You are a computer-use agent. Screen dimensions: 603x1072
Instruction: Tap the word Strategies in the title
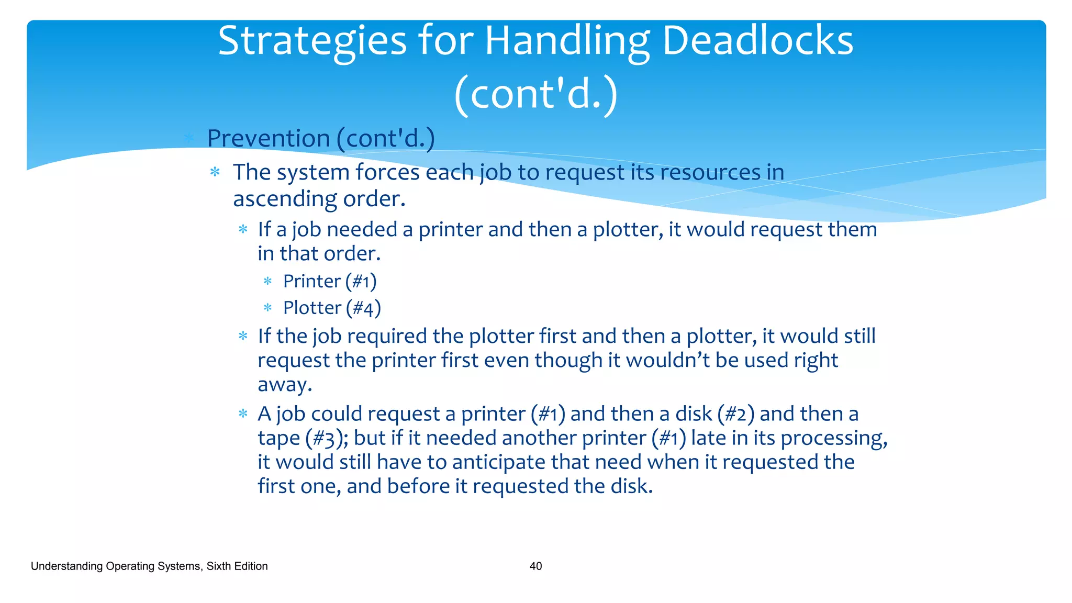[x=312, y=42]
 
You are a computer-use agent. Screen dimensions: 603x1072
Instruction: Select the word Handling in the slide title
[x=567, y=42]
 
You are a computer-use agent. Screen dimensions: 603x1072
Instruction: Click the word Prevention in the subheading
[x=268, y=139]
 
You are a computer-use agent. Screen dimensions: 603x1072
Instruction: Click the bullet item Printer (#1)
[x=329, y=282]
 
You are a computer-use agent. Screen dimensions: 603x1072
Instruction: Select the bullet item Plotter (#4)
[x=331, y=308]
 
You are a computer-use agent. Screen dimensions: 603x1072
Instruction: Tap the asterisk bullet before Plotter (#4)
[x=267, y=308]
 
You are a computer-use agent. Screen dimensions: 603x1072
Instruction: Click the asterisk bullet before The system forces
[x=215, y=172]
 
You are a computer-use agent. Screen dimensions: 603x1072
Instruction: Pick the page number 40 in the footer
[x=535, y=566]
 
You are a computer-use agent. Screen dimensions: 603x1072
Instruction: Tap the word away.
[x=284, y=385]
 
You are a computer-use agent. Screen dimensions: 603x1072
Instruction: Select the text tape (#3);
[x=303, y=438]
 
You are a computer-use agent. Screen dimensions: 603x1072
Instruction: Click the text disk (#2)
[x=714, y=414]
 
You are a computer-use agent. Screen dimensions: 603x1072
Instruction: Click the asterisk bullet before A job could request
[x=243, y=414]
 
